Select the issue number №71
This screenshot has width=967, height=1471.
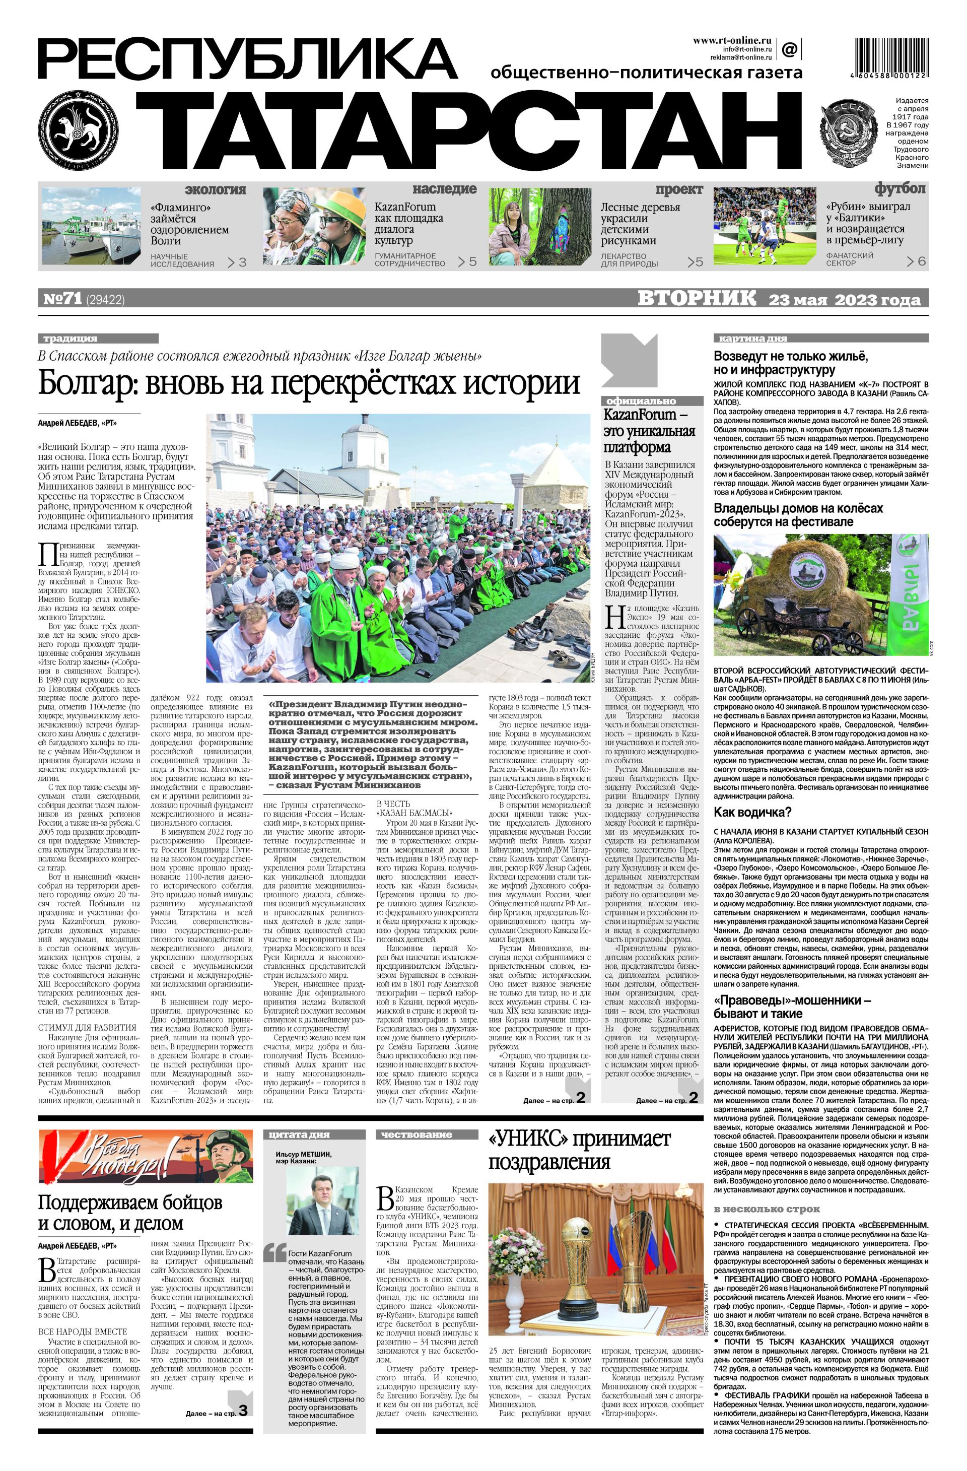[62, 299]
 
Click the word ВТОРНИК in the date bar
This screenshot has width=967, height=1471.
[697, 299]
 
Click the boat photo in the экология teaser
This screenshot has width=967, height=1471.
[92, 226]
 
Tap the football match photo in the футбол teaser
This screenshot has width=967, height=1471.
[766, 226]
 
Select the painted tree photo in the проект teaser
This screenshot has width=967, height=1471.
[540, 226]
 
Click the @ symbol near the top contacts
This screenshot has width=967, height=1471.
[789, 48]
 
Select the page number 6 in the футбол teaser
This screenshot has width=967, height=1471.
[922, 261]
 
